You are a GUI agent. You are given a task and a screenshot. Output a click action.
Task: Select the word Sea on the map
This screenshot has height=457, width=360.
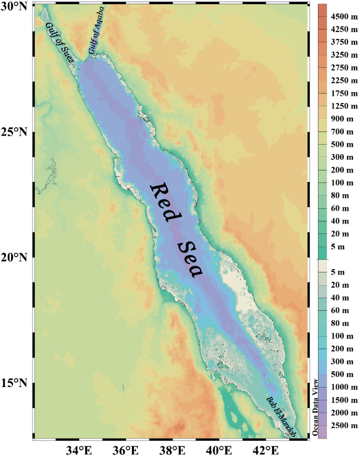click(190, 258)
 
